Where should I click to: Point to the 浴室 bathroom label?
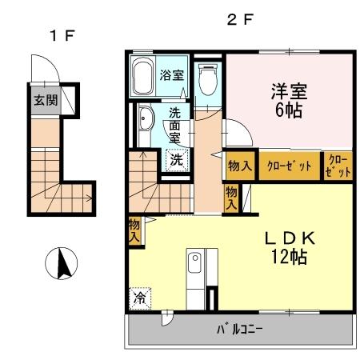(170, 76)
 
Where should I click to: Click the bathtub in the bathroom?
(142, 78)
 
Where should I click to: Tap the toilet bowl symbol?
(206, 78)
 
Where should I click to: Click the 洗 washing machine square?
(175, 158)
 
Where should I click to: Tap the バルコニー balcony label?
(240, 328)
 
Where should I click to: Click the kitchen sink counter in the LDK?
(196, 269)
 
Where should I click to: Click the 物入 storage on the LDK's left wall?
(134, 230)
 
